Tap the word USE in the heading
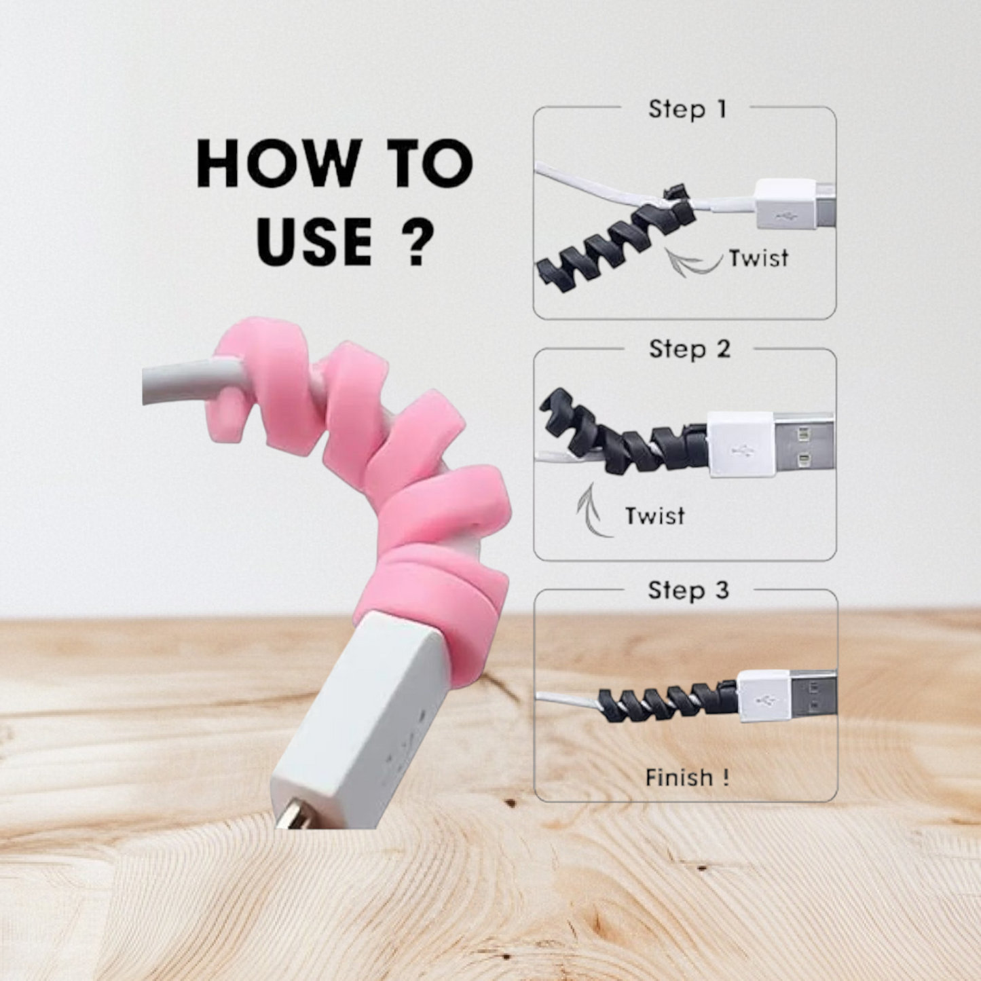[314, 242]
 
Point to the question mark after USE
[413, 241]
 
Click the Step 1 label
[687, 109]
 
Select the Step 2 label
[689, 350]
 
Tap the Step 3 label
[688, 590]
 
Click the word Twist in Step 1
[759, 259]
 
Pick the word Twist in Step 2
[654, 516]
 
